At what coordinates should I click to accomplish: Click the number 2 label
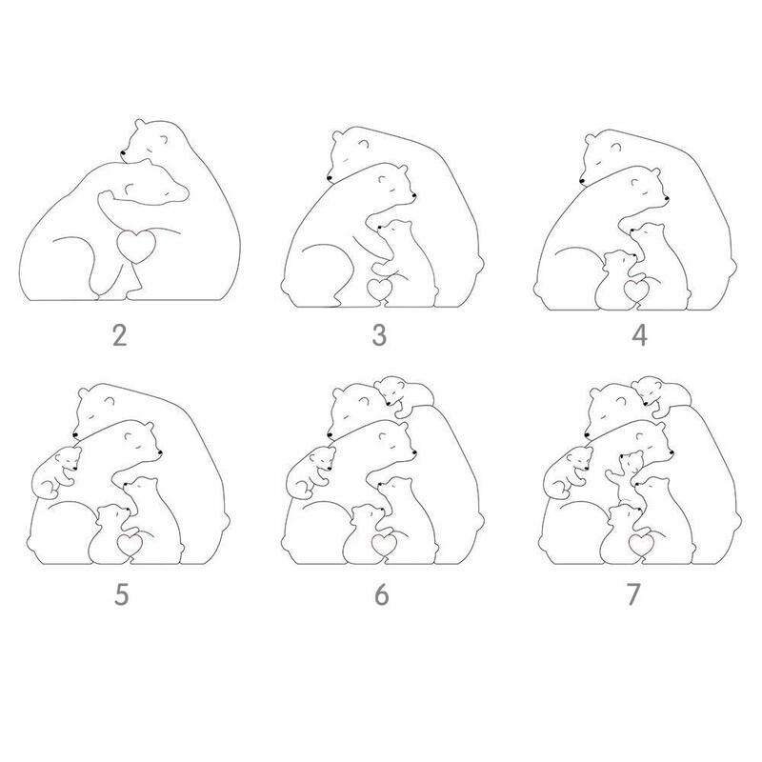(120, 335)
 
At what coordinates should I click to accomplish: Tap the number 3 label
(379, 335)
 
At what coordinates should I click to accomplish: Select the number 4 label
(639, 335)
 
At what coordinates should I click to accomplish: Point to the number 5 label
(122, 593)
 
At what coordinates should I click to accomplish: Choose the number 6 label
(382, 593)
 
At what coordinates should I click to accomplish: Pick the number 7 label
(633, 593)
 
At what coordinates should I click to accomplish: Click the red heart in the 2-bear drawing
(137, 247)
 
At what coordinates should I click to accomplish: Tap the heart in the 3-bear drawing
(379, 290)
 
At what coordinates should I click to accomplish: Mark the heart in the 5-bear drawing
(130, 545)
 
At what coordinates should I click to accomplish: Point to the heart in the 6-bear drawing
(384, 545)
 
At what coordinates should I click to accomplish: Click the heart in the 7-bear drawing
(640, 545)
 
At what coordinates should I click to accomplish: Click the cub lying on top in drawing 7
(660, 393)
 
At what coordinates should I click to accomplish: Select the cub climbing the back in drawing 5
(55, 472)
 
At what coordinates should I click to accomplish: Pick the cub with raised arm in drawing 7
(625, 477)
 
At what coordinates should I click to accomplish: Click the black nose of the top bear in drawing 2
(123, 153)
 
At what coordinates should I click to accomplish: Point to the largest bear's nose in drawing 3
(330, 179)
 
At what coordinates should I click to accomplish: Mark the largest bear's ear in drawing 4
(590, 140)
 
